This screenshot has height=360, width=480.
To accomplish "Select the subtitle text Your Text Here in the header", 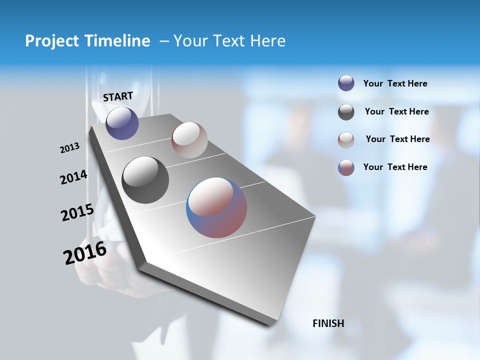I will click(x=229, y=41).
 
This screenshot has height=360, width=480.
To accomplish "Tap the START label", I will click(x=118, y=96).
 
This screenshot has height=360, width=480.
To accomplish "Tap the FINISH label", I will click(x=328, y=323).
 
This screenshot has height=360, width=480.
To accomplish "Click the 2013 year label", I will click(x=69, y=148).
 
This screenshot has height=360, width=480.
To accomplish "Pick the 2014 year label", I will click(x=73, y=177).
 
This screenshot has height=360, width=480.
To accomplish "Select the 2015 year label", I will click(x=77, y=212).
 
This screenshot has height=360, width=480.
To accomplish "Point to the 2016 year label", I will click(x=85, y=253).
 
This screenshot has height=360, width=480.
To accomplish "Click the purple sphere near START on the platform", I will click(x=122, y=123).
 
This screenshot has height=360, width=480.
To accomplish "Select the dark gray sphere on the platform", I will click(x=145, y=180).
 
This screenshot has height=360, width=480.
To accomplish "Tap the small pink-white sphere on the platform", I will click(x=189, y=140).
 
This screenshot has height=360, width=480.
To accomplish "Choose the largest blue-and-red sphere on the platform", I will click(x=216, y=207).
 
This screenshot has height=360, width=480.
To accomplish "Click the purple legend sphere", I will click(x=346, y=83).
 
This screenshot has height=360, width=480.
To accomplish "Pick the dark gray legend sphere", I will click(x=346, y=112).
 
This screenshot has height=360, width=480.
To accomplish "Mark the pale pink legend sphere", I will click(x=346, y=140).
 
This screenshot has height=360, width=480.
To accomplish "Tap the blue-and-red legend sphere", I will click(x=346, y=167).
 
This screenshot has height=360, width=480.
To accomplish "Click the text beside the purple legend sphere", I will click(x=395, y=84).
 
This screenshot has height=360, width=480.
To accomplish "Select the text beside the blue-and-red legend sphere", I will click(x=395, y=167).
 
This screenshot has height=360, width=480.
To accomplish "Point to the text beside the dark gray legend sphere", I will click(x=396, y=111).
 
